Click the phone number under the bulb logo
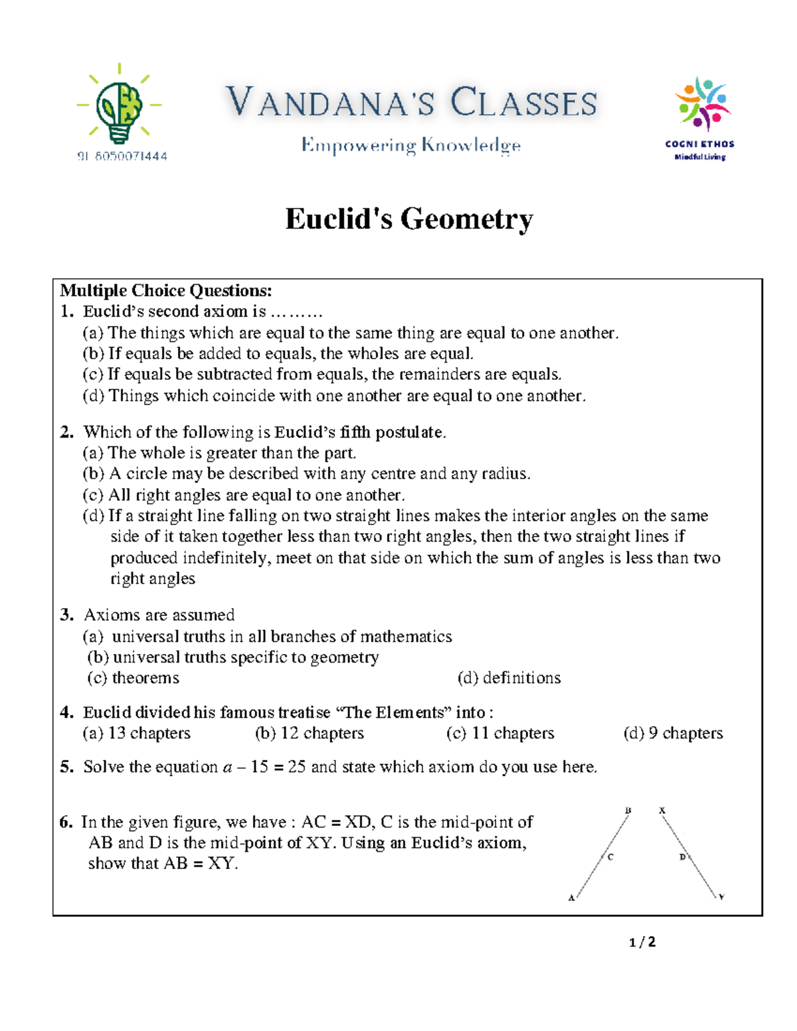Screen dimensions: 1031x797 click(x=122, y=156)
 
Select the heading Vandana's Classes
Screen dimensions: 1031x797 click(x=411, y=103)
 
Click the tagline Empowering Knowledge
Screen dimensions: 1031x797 click(x=410, y=145)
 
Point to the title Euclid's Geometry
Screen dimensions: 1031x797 click(x=408, y=219)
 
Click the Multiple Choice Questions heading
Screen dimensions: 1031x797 click(x=166, y=291)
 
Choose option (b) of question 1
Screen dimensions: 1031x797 click(x=278, y=354)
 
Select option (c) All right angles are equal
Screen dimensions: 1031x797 click(x=243, y=495)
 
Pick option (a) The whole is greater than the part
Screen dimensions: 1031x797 click(x=219, y=453)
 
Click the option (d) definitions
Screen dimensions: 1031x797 click(x=509, y=678)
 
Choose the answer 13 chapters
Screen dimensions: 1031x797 click(x=137, y=733)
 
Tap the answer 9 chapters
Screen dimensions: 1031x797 click(x=673, y=733)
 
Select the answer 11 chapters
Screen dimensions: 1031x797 click(x=500, y=733)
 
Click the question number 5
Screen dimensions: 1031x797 click(x=66, y=767)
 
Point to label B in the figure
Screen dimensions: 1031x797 click(x=628, y=811)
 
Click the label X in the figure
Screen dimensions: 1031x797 click(x=662, y=811)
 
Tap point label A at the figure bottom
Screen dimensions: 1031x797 click(x=571, y=898)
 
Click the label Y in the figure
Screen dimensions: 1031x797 click(x=721, y=898)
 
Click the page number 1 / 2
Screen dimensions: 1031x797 click(x=642, y=942)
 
